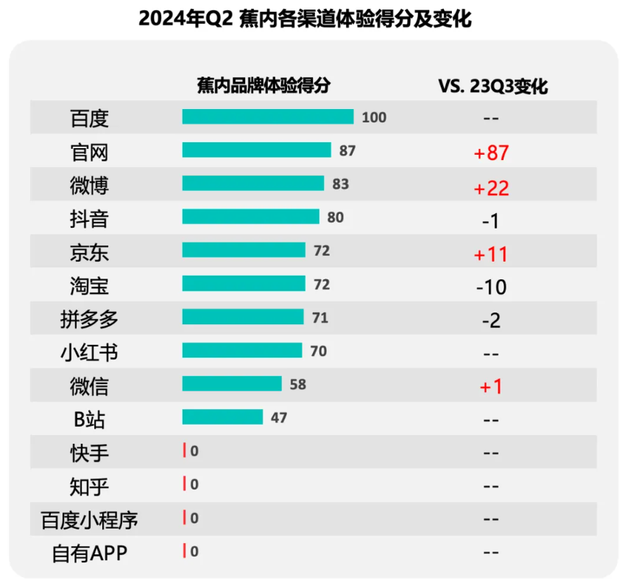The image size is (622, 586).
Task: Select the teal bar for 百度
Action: coord(268,117)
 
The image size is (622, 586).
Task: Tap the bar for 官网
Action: coord(257,150)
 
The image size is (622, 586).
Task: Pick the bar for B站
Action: coord(222,417)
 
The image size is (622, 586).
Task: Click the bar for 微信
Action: coord(232,384)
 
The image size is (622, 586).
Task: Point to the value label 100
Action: coord(374,117)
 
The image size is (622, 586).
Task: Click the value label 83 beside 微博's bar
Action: coord(340,184)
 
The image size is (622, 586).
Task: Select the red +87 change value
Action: coord(492,153)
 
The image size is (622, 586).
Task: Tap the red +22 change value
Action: coord(492,188)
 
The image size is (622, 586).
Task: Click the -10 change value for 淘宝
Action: coord(492,287)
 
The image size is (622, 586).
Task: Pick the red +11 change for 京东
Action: coord(492,254)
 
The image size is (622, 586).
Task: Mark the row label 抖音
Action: coord(89,219)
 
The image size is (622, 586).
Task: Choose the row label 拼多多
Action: coord(89,319)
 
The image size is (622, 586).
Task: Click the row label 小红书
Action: coord(89,352)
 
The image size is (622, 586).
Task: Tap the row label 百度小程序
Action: coord(89,520)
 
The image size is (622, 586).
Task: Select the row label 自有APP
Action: coord(89,553)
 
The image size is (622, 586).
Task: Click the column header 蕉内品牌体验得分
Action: coord(264,86)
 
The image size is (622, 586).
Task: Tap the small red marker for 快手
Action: coord(184,451)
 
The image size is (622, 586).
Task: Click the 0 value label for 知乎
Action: coord(194,484)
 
